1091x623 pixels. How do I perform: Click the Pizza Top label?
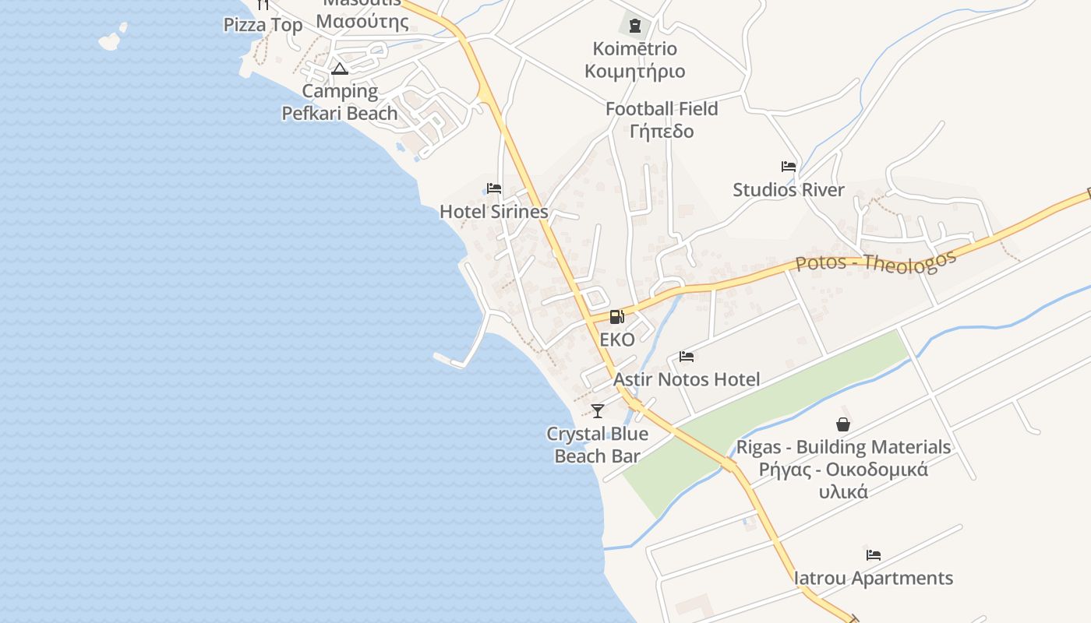pos(263,25)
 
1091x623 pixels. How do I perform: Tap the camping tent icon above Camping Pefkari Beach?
pos(339,69)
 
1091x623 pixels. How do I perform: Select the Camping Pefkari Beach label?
pos(340,102)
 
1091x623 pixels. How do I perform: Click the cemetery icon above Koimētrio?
pos(634,26)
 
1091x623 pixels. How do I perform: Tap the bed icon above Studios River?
pos(788,167)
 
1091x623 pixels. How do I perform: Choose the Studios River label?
pos(788,190)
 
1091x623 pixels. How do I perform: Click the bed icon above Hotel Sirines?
pos(493,188)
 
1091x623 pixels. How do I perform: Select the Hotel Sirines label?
pos(494,212)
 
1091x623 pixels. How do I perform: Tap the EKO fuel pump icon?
pos(616,316)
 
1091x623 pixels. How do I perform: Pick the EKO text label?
pos(617,340)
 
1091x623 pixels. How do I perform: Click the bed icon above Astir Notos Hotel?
pos(686,357)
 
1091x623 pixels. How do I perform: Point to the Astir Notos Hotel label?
pos(687,379)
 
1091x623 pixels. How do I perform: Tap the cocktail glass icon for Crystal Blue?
pos(598,410)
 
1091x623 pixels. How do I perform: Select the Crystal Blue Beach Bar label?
pos(598,445)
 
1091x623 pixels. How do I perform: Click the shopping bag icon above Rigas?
pos(842,424)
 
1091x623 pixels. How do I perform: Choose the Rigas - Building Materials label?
pos(843,447)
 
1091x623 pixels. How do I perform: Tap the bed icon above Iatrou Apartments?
pos(873,555)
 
